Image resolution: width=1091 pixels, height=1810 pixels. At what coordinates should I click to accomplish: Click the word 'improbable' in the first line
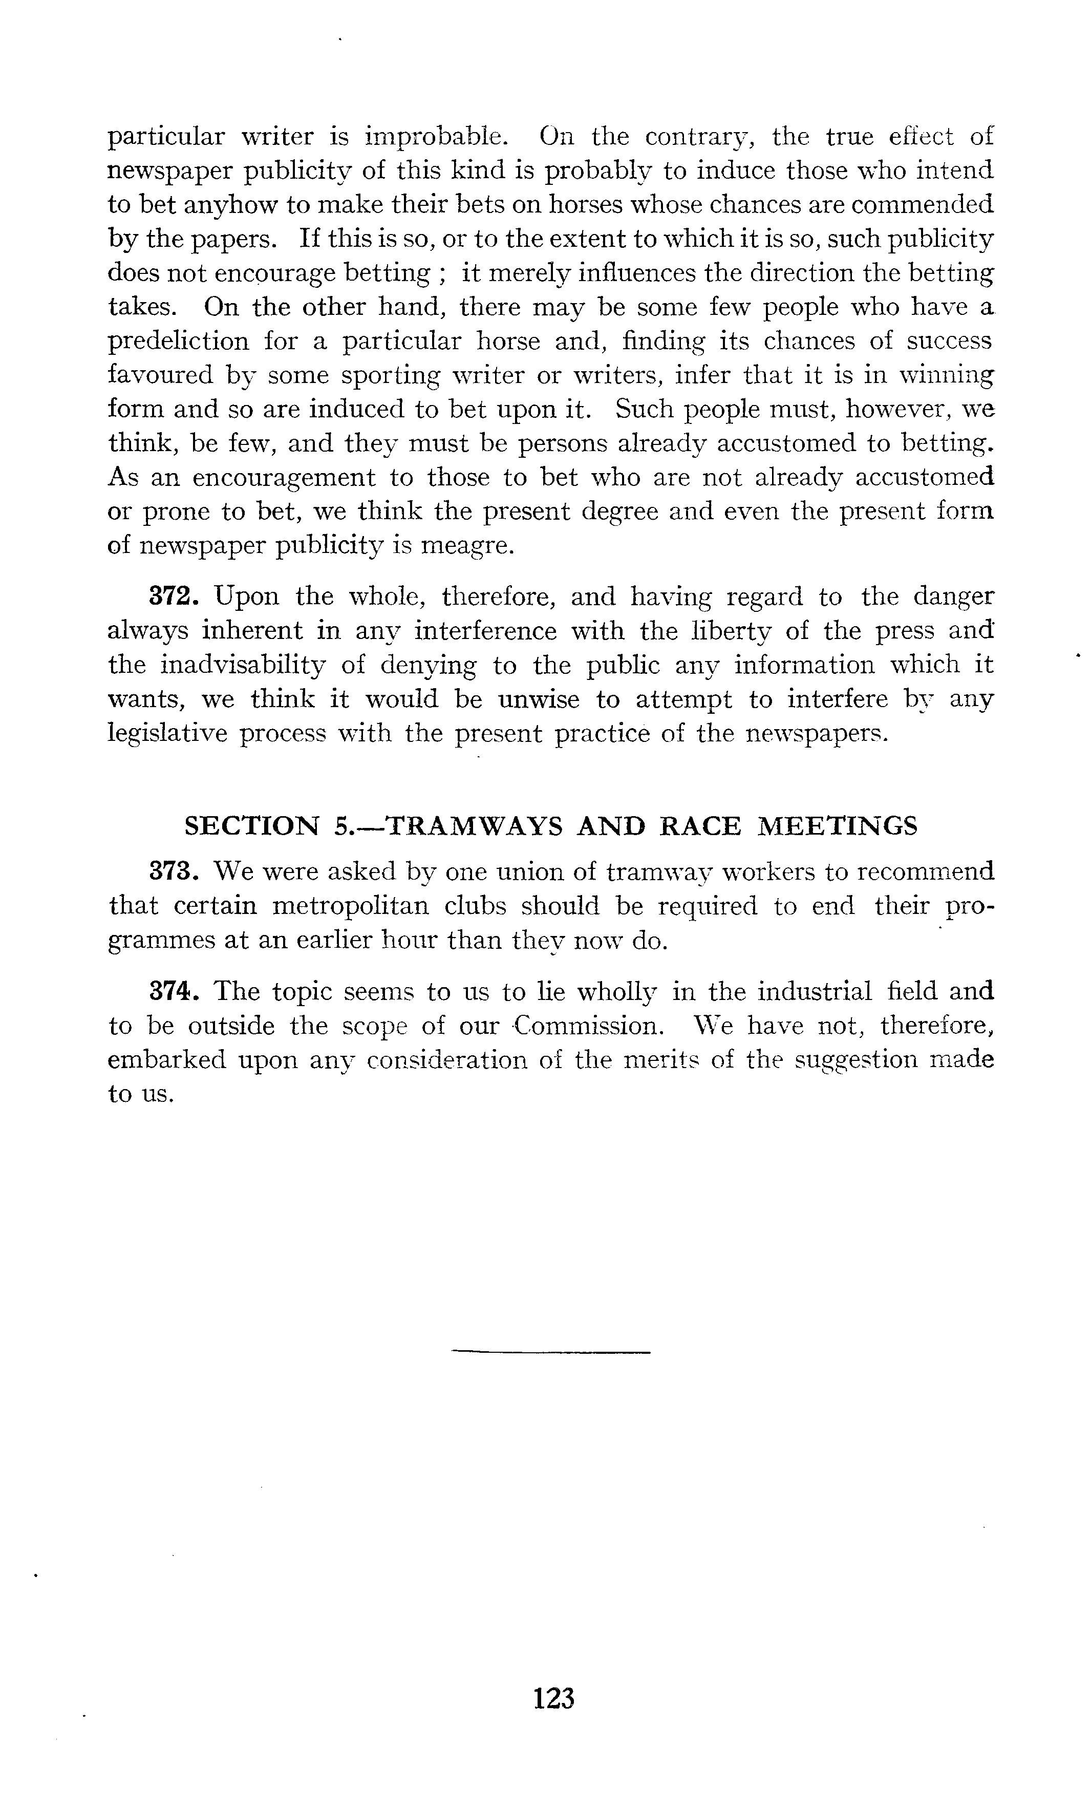click(434, 137)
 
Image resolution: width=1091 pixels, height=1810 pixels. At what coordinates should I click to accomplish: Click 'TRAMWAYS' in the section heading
click(475, 826)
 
